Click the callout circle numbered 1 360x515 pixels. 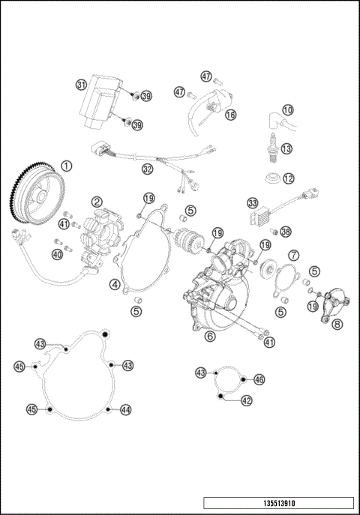[67, 166]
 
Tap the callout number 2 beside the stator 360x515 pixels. [98, 201]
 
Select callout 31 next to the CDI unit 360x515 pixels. [81, 85]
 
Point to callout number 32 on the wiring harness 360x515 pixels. [147, 169]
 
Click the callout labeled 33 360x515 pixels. [253, 203]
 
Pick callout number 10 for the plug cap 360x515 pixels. [288, 110]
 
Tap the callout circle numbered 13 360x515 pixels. [287, 149]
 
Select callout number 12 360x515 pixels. [288, 178]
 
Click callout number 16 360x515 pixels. [230, 115]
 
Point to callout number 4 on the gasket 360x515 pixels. [115, 284]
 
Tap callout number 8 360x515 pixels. [337, 324]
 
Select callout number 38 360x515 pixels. [286, 232]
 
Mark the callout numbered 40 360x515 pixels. [57, 254]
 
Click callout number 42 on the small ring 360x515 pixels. [247, 400]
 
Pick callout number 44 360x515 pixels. [126, 409]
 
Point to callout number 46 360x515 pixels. [259, 380]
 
